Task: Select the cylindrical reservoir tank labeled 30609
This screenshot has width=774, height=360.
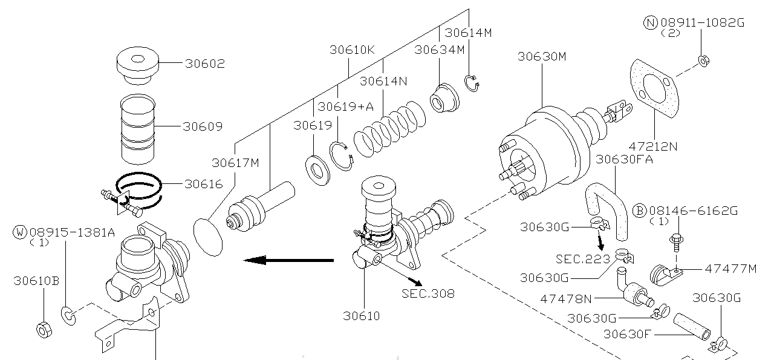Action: click(137, 129)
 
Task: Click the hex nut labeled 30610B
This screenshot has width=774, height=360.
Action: click(44, 330)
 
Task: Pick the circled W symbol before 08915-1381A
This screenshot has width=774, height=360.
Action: click(21, 232)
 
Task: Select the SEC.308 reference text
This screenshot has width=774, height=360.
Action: click(428, 293)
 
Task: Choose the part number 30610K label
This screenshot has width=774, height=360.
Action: click(353, 50)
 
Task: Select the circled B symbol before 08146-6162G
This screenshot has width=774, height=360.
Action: click(640, 211)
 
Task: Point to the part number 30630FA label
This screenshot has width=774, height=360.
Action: click(625, 159)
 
